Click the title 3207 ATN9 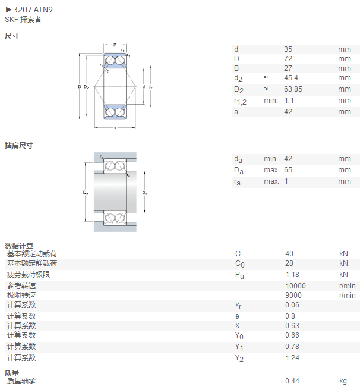pos(33,10)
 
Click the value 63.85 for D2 pos(293,89)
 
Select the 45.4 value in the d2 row pos(291,78)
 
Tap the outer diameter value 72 pos(288,59)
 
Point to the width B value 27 pos(288,68)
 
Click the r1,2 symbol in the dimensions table pos(240,101)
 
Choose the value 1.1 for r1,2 pos(289,100)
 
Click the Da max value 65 pos(288,170)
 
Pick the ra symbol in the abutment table pos(237,182)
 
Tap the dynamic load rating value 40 pos(289,254)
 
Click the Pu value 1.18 pos(292,275)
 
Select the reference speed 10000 pos(295,286)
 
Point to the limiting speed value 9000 pos(293,295)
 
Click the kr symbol pos(238,306)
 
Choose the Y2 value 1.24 pos(292,358)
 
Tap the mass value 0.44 pos(292,381)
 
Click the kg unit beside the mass pos(343,381)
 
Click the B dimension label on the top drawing pos(115,45)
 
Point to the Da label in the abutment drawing pos(86,193)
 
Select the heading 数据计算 pos(19,246)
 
